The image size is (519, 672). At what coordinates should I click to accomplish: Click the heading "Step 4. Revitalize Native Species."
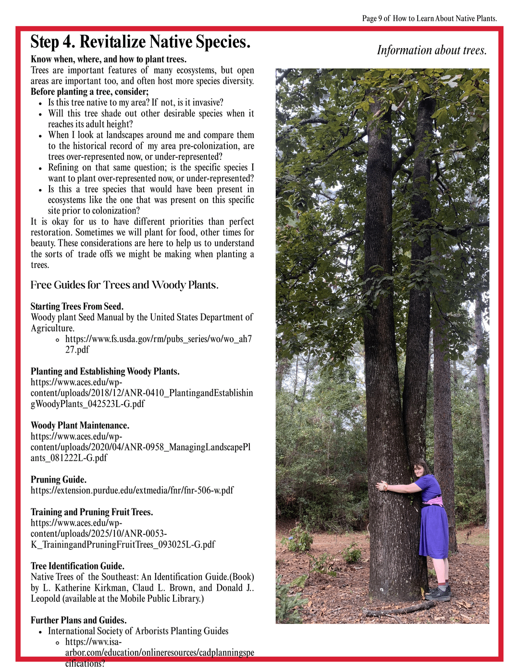click(140, 42)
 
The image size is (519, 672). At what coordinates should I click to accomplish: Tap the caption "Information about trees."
click(432, 51)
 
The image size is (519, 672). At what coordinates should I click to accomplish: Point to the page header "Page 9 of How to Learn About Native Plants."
click(429, 19)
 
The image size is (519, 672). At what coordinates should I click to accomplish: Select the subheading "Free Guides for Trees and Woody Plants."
click(124, 285)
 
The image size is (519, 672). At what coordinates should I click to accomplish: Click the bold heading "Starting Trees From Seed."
click(77, 306)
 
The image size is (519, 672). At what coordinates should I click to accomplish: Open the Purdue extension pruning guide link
click(132, 491)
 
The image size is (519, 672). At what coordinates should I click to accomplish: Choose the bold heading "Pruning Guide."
click(59, 480)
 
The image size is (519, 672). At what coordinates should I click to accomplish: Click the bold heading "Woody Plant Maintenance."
click(80, 425)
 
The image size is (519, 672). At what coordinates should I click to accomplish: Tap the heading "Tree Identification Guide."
click(77, 566)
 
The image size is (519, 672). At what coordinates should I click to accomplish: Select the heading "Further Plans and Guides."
click(79, 620)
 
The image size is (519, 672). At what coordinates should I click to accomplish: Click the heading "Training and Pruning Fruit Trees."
click(92, 512)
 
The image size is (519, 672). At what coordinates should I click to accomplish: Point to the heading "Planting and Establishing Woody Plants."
click(105, 371)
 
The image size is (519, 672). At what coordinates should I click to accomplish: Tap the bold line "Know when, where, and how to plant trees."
click(109, 59)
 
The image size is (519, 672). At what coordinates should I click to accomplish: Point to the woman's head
click(421, 468)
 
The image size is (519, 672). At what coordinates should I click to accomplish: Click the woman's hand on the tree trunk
click(382, 486)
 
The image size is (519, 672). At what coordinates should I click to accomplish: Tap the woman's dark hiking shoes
click(438, 593)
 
